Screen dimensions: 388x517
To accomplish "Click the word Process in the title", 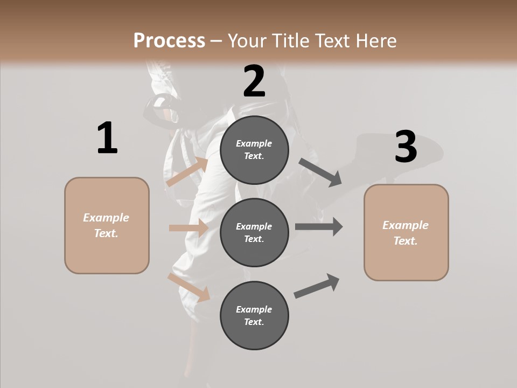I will pos(169,41).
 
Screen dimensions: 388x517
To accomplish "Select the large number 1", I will pos(107,138).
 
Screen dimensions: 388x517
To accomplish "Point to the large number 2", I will pos(254,81).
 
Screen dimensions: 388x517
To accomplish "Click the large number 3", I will pos(406,147).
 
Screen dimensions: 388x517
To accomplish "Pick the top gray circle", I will pos(254,150).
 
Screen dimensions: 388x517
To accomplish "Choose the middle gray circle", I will pos(254,232).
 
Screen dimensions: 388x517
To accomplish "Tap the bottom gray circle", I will pos(254,315).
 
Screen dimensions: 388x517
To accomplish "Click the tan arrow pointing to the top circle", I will pos(187,172).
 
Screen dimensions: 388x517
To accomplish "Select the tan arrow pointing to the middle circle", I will pos(188,228).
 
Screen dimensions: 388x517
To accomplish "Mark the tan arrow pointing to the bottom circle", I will pos(188,287).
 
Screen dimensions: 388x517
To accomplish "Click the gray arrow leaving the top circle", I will pos(320,172).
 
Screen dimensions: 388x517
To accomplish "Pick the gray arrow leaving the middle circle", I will pos(318,227).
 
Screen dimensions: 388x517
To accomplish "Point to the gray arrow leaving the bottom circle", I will pos(317,286).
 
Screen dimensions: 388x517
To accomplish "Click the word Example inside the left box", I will pos(106,218).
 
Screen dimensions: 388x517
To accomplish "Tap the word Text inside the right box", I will pos(405,241).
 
